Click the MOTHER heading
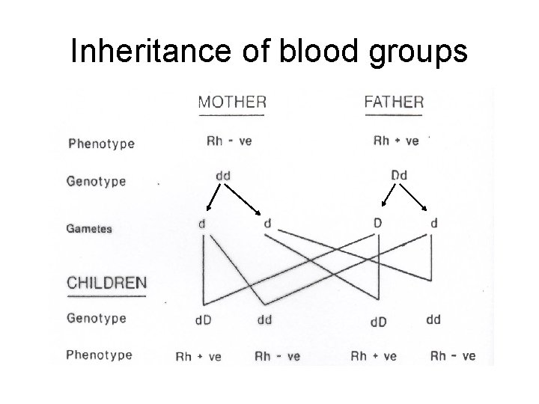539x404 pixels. [232, 102]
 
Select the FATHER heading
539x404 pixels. [394, 102]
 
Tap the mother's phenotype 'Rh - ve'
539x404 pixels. [229, 141]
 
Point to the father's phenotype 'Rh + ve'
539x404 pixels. [395, 141]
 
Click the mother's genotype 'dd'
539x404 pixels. [223, 176]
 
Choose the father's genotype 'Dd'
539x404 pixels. [399, 175]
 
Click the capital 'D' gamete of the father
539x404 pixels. [379, 223]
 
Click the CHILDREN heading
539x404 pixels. [107, 284]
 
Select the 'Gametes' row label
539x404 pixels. [90, 228]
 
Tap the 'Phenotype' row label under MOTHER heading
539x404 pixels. [100, 143]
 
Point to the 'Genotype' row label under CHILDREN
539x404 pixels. [97, 318]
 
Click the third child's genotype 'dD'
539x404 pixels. [379, 322]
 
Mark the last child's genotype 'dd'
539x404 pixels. [433, 319]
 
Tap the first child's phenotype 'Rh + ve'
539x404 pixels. [198, 357]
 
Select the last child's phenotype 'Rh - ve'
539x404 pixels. [453, 356]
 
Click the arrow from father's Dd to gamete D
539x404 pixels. [388, 196]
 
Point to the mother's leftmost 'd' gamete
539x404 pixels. [203, 224]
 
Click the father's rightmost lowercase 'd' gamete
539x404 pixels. [434, 223]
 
